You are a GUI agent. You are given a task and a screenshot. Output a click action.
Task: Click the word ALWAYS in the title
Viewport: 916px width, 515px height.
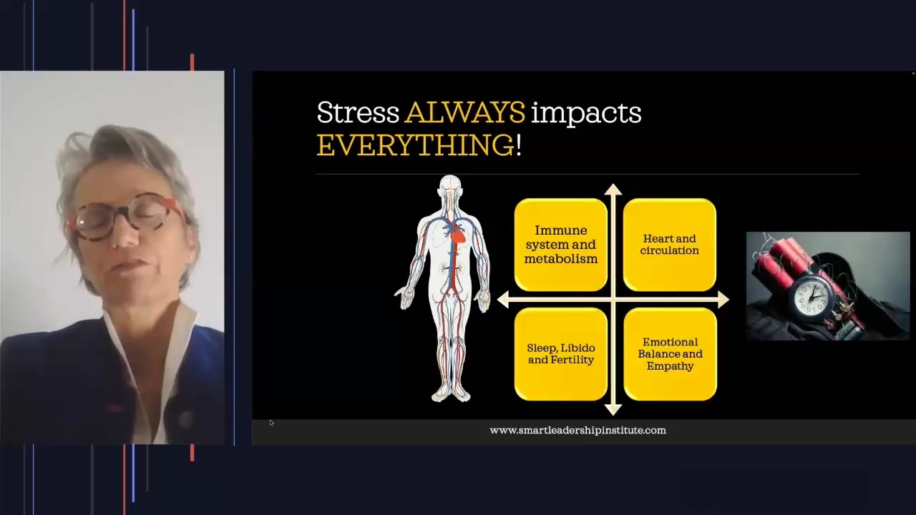pyautogui.click(x=465, y=112)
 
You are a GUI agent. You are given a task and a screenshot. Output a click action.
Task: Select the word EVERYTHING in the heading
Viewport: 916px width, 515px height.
pyautogui.click(x=416, y=145)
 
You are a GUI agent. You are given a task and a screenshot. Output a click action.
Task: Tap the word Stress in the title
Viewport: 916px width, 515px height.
pyautogui.click(x=358, y=112)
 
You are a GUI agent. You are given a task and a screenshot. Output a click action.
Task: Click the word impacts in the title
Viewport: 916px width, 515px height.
pyautogui.click(x=586, y=113)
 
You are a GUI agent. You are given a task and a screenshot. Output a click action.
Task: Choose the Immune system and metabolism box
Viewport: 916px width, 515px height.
pyautogui.click(x=560, y=245)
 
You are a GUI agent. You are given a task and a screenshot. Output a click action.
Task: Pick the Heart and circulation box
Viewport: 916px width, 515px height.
pyautogui.click(x=669, y=245)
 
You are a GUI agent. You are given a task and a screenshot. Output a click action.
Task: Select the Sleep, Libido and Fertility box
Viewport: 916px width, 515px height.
pyautogui.click(x=560, y=354)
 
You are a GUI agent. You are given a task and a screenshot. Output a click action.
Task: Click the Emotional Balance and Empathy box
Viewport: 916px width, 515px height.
pyautogui.click(x=670, y=354)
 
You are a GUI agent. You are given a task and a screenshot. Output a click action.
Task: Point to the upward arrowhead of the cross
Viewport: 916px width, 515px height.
pyautogui.click(x=613, y=189)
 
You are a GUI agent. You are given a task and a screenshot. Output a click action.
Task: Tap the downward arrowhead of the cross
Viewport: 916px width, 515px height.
pyautogui.click(x=613, y=410)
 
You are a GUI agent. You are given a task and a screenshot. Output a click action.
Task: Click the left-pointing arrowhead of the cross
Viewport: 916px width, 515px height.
pyautogui.click(x=502, y=300)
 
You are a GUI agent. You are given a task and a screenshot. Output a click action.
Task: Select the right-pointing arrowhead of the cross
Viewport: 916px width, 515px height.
pyautogui.click(x=723, y=300)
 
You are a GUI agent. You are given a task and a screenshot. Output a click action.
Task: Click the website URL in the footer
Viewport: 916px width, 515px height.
pyautogui.click(x=578, y=431)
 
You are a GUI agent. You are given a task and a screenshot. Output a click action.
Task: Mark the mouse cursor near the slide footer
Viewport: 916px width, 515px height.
pyautogui.click(x=271, y=423)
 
